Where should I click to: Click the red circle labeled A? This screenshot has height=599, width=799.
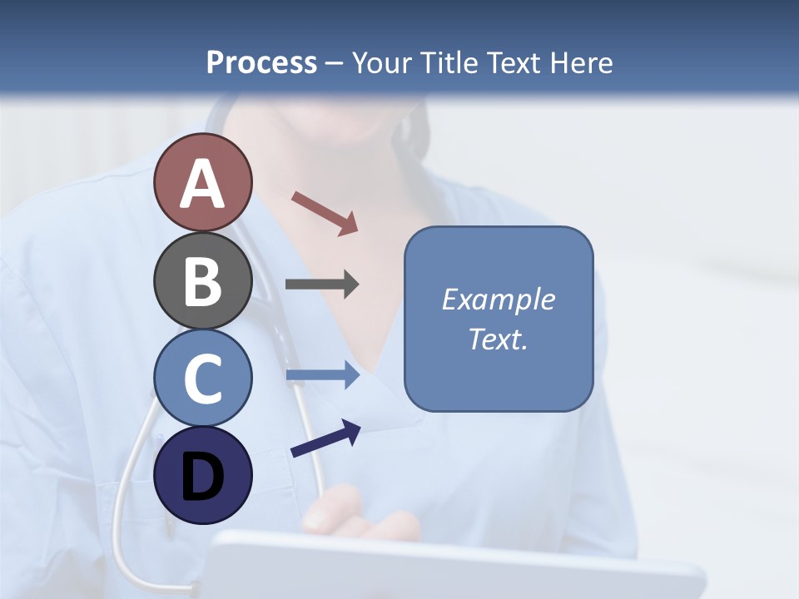pos(202,182)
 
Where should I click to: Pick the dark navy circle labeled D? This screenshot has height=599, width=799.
pos(202,475)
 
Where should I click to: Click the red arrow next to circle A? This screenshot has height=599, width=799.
pos(325,213)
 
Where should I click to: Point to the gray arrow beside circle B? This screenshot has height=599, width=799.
pos(321,285)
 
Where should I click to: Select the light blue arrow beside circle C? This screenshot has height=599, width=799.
pos(321,375)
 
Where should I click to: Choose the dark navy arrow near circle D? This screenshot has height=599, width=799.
pos(325,438)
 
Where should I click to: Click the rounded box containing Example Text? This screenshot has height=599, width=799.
pos(499,319)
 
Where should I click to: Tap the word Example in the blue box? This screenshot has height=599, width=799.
pos(499,299)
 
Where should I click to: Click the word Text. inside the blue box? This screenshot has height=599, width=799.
pos(499,339)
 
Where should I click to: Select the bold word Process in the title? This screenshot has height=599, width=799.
pos(261,62)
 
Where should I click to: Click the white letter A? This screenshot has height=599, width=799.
pos(202,184)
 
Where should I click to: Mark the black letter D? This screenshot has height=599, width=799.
pos(202,477)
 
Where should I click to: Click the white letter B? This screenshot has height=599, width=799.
pos(202,281)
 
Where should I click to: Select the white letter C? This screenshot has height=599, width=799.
pos(202,379)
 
